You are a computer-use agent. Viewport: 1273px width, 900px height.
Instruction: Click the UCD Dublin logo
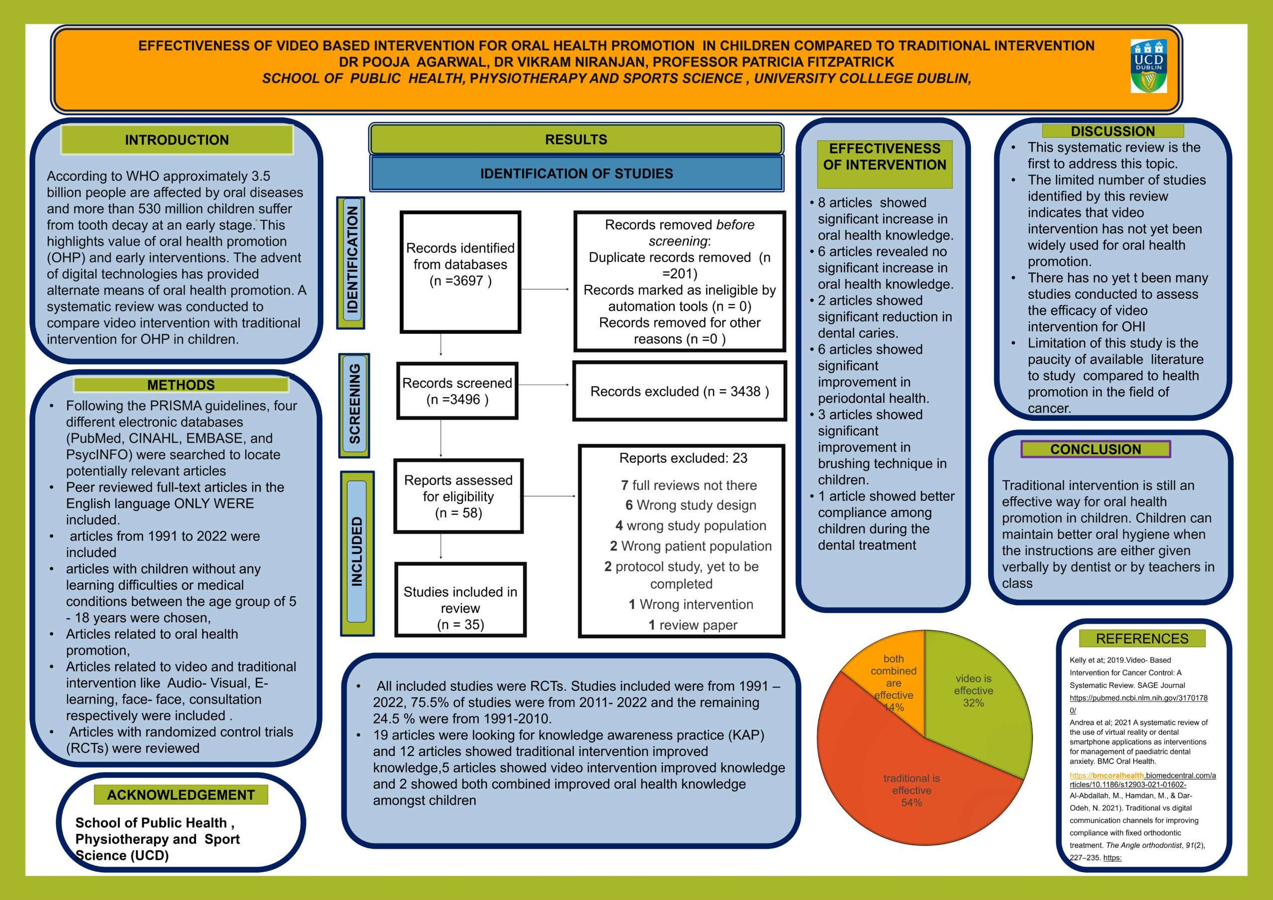click(x=1148, y=66)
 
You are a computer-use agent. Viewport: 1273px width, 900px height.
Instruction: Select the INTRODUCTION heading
click(x=177, y=140)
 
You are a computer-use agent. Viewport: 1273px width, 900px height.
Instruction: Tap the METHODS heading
click(x=181, y=385)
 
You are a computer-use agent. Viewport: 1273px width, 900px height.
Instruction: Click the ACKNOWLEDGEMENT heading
click(x=181, y=795)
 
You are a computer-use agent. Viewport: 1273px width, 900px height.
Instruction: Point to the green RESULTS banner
click(x=576, y=139)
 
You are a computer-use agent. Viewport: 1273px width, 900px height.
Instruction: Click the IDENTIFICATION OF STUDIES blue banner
click(x=576, y=173)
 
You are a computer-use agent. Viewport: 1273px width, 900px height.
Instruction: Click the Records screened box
click(x=457, y=391)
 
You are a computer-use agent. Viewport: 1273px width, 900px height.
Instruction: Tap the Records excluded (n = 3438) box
click(x=679, y=391)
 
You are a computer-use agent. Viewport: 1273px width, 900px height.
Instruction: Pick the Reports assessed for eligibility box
click(x=458, y=496)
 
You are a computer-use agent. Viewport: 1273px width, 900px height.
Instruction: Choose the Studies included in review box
click(x=460, y=600)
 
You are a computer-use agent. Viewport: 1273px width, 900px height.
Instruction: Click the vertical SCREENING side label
click(x=354, y=405)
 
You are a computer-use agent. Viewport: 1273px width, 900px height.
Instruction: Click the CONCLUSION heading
click(x=1095, y=449)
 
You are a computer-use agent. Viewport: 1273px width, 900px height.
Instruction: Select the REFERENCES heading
click(x=1142, y=639)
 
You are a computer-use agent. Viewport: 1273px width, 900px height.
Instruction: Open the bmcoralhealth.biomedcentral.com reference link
click(x=1142, y=776)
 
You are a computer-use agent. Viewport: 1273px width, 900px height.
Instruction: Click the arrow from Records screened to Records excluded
click(x=543, y=385)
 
